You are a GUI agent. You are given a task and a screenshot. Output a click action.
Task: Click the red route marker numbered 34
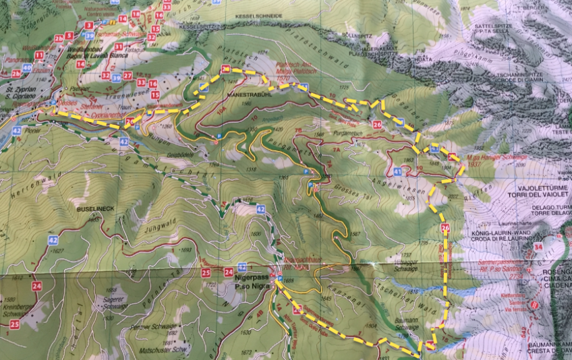click(x=538, y=247)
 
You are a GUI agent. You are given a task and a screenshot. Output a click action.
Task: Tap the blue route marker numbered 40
click(x=27, y=67)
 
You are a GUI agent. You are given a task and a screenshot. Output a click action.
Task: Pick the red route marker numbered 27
click(x=127, y=74)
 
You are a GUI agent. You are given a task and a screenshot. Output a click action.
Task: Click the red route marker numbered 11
click(x=40, y=55)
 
